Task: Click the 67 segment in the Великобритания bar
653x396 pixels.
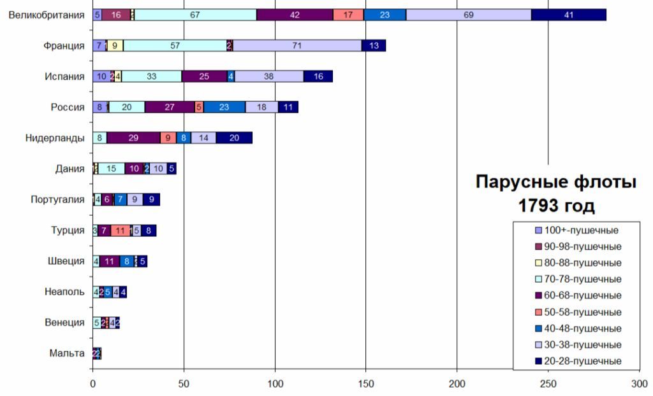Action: (x=195, y=15)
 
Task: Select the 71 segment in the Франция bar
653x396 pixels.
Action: (x=297, y=46)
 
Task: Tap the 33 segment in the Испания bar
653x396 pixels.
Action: (x=152, y=76)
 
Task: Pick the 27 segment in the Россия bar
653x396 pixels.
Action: (x=170, y=107)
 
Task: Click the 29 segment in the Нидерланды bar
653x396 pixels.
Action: (x=133, y=138)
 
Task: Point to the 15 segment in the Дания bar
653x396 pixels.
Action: (x=112, y=169)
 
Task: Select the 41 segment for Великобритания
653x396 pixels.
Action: (x=569, y=15)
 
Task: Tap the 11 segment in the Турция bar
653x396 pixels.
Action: (x=120, y=230)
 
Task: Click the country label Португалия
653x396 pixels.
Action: (x=57, y=199)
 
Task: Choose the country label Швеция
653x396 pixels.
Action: (x=66, y=261)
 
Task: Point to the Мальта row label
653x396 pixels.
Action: (x=66, y=353)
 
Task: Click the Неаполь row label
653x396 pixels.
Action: (x=64, y=292)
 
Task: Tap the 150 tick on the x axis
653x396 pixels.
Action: (x=366, y=385)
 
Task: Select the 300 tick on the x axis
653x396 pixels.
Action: (x=639, y=385)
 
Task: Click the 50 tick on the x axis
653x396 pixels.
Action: (x=184, y=385)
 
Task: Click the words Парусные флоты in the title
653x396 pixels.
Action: (x=556, y=183)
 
